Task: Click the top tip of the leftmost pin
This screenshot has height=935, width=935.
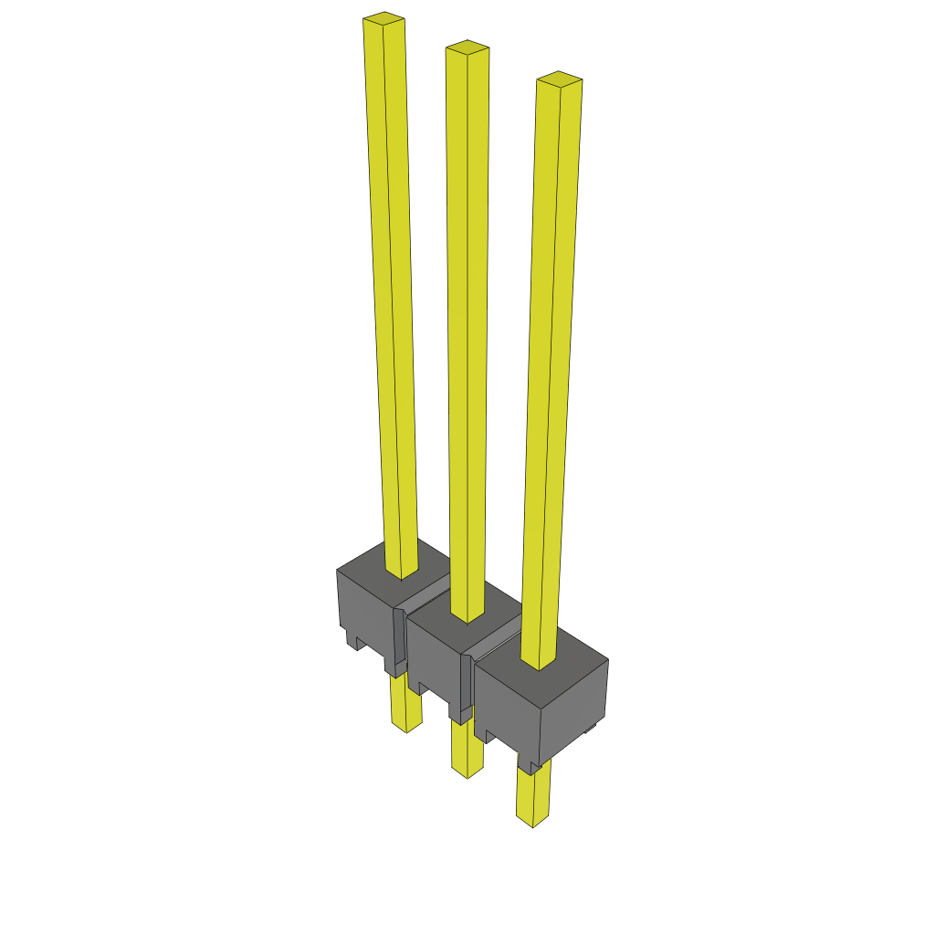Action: coord(383,17)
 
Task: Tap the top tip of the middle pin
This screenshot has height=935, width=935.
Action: coord(467,46)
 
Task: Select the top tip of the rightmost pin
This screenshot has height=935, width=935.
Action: coord(559,78)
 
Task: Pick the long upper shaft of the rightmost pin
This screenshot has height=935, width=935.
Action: coord(552,365)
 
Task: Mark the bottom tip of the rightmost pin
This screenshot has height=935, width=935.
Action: coord(532,825)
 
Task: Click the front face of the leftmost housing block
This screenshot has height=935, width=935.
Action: coord(365,607)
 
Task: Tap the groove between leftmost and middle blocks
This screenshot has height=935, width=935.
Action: coord(399,639)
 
